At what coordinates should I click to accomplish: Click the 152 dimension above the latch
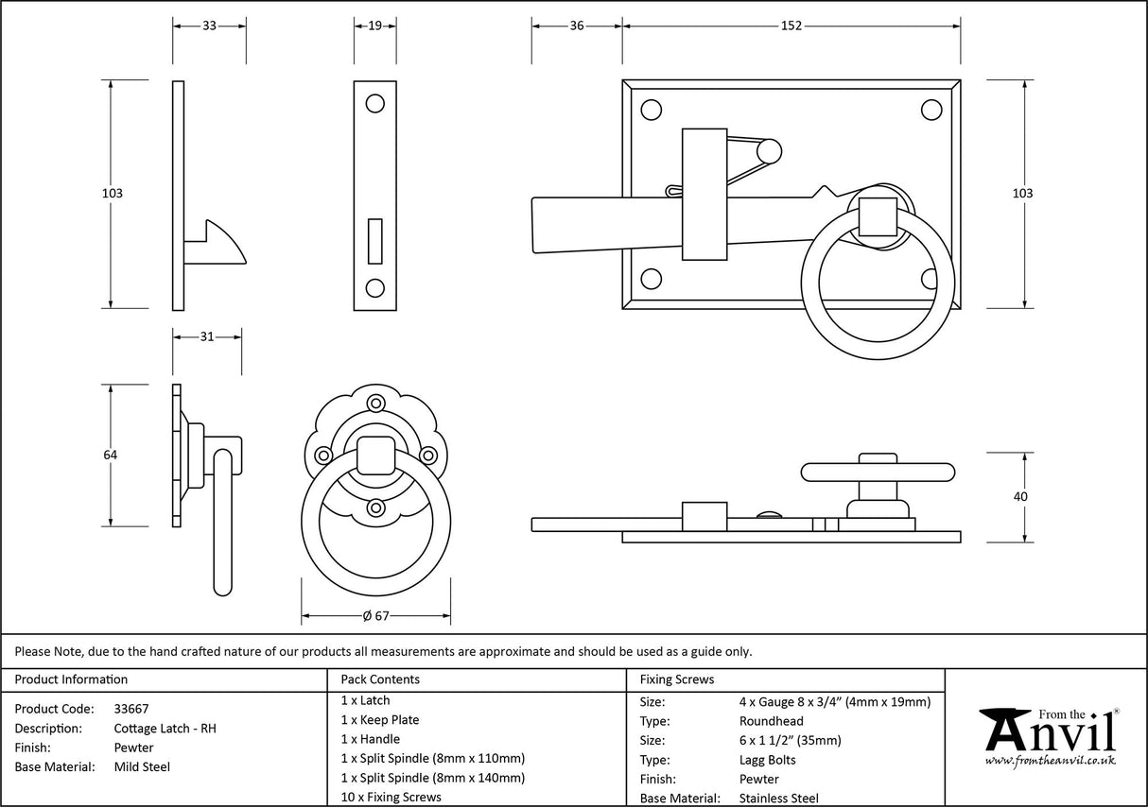(x=791, y=26)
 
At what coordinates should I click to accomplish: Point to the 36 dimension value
(x=577, y=26)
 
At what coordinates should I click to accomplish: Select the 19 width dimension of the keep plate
(x=375, y=26)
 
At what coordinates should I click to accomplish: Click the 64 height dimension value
(x=111, y=456)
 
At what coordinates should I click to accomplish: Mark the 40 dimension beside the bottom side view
(x=1019, y=497)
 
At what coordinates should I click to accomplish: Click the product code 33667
(x=131, y=709)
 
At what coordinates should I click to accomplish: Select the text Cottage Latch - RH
(x=165, y=729)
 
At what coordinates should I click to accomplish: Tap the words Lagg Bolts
(x=767, y=760)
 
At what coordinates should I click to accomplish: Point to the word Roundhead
(x=772, y=721)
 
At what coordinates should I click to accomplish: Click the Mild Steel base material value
(x=142, y=767)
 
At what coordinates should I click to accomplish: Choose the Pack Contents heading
(x=380, y=679)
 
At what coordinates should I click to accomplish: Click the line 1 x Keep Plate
(x=380, y=720)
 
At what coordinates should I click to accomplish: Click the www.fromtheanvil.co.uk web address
(x=1050, y=761)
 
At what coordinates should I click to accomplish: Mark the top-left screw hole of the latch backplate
(x=651, y=110)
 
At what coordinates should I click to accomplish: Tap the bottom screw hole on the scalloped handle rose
(x=376, y=508)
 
